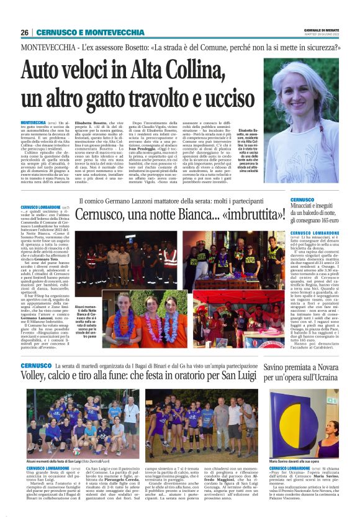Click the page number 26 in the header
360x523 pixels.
[25, 32]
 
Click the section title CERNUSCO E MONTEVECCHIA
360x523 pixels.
[89, 32]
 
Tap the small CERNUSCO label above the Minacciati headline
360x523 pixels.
[302, 200]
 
